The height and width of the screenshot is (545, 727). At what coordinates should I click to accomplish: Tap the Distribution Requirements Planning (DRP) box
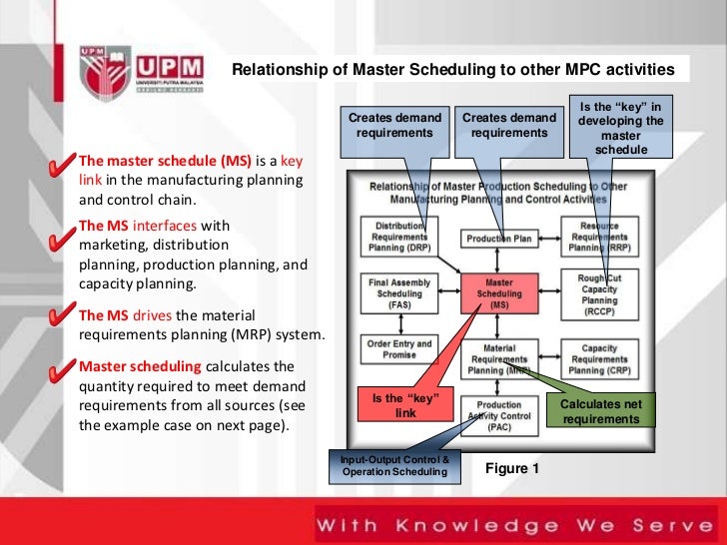click(398, 236)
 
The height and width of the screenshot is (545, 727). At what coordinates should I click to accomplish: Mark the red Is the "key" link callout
click(404, 405)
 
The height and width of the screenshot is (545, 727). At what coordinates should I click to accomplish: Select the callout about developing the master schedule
click(620, 128)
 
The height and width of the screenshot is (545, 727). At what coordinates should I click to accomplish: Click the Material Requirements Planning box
click(499, 356)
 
